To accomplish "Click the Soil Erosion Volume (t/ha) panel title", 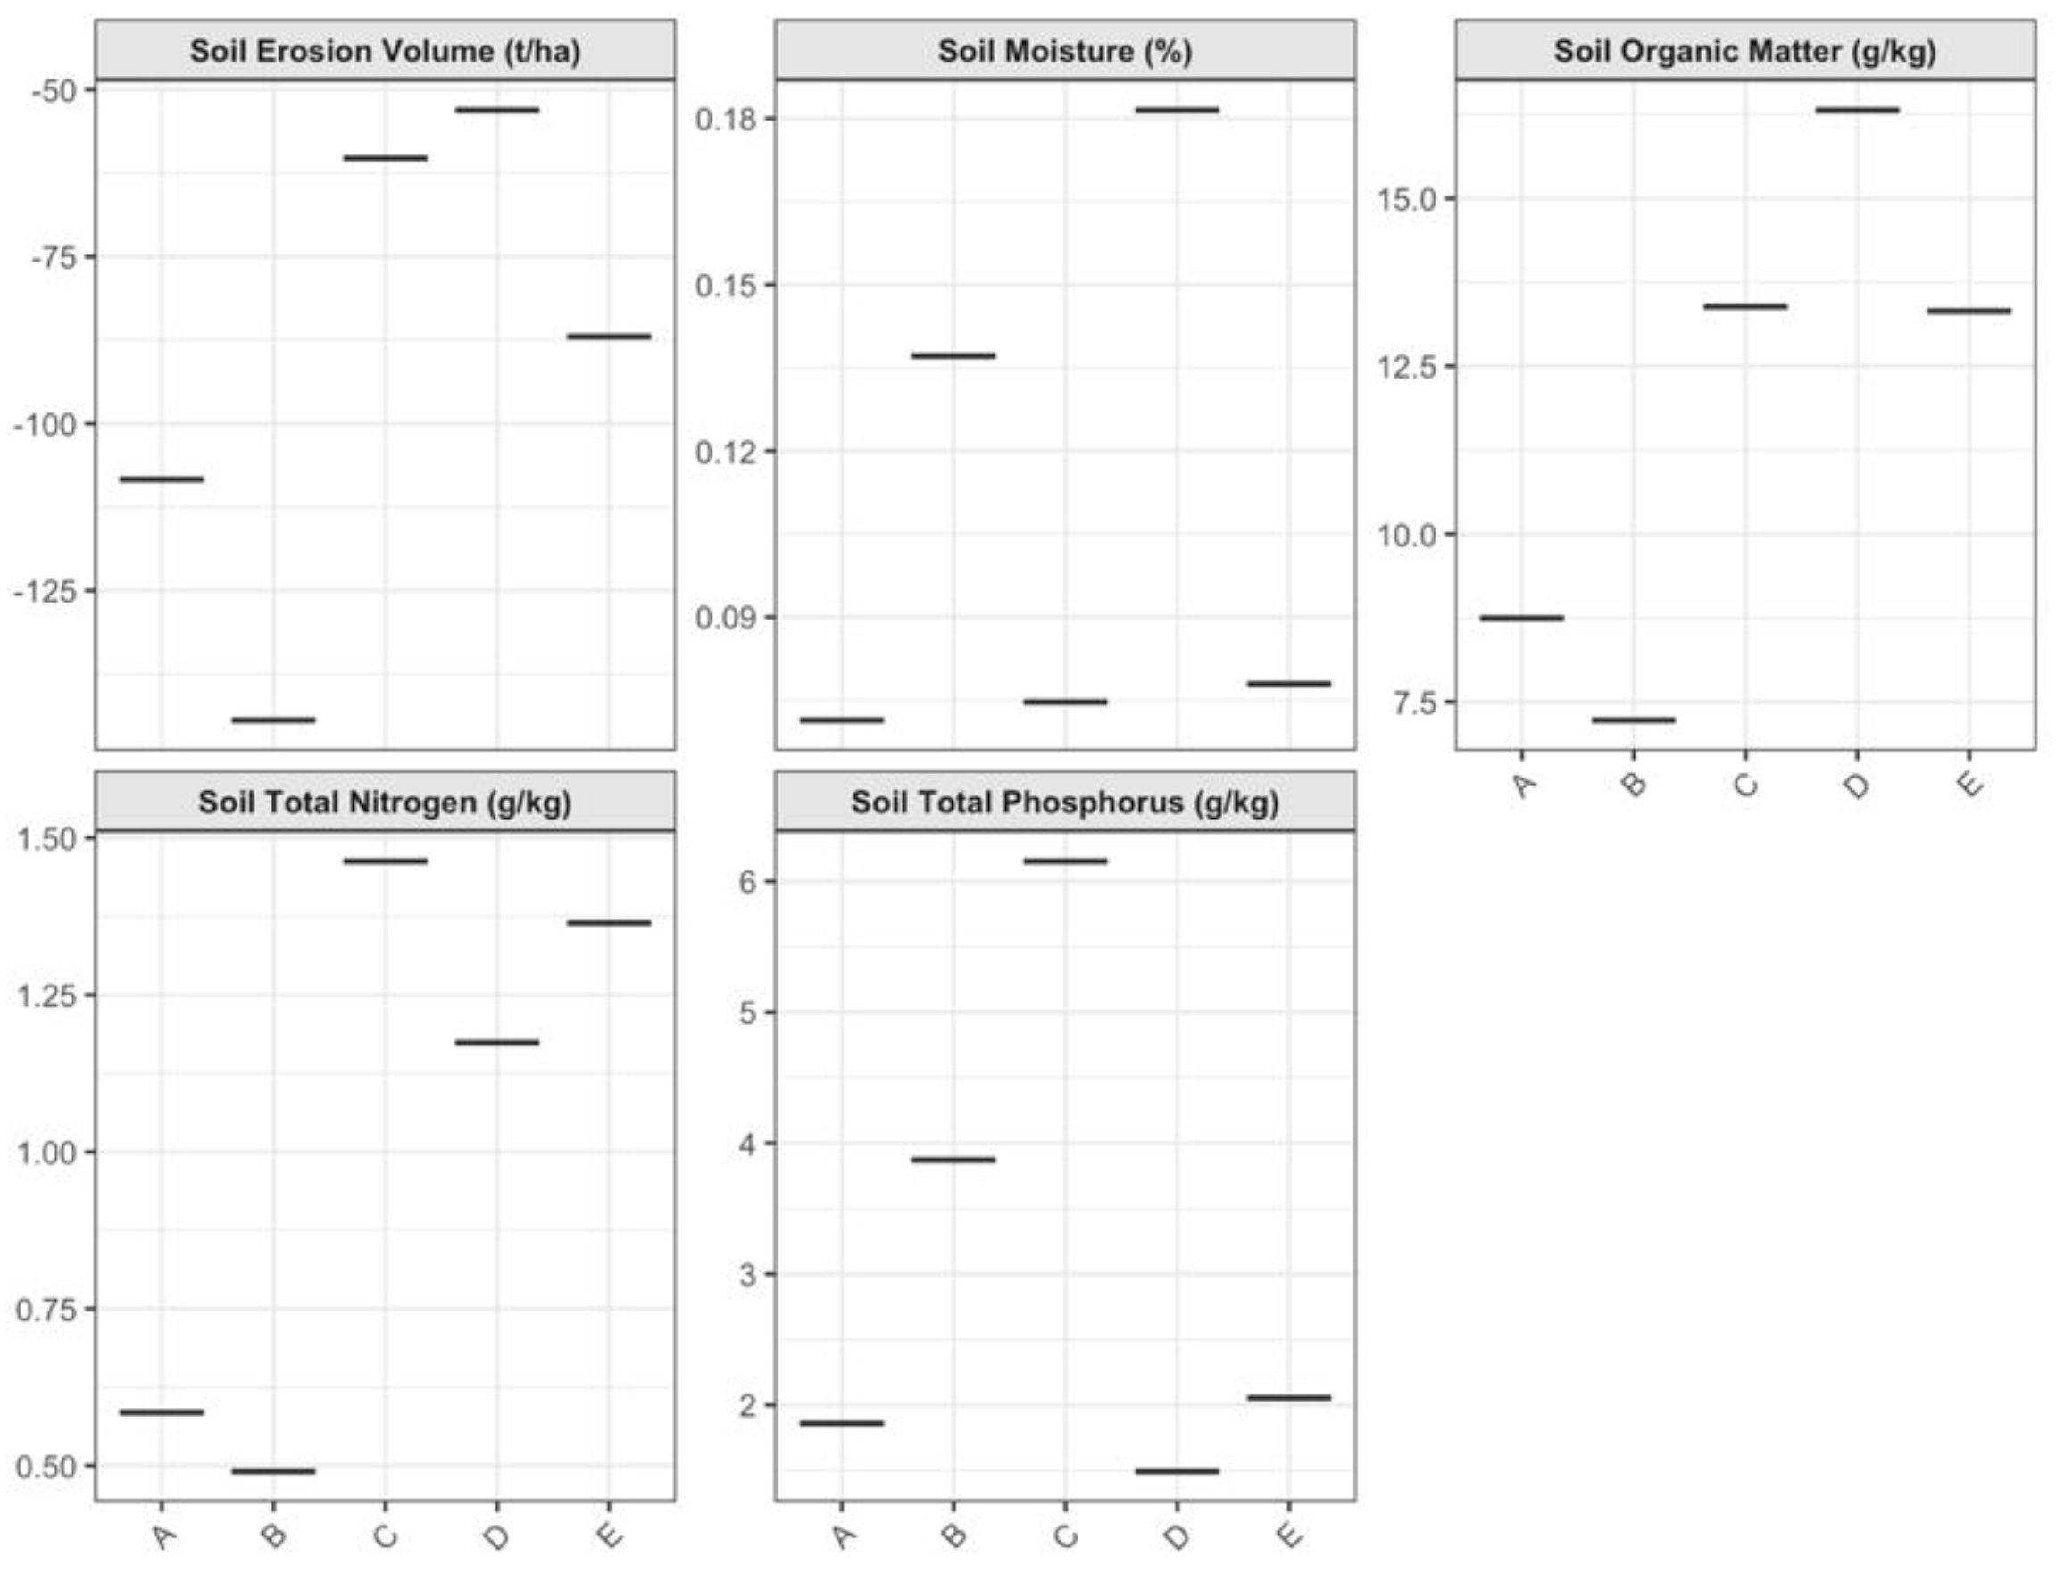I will pyautogui.click(x=385, y=51).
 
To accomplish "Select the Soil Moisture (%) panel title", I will pyautogui.click(x=1064, y=51).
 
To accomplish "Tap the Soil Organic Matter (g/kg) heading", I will pyautogui.click(x=1745, y=51).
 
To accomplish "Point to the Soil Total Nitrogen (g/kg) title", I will pyautogui.click(x=385, y=803).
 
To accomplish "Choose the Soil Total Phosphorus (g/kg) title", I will pyautogui.click(x=1064, y=803).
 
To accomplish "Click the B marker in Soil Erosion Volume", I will pyautogui.click(x=273, y=720).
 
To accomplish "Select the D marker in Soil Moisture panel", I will pyautogui.click(x=1177, y=110).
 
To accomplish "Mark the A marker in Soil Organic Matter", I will pyautogui.click(x=1521, y=618).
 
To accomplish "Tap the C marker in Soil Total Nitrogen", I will pyautogui.click(x=385, y=861).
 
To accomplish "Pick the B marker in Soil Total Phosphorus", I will pyautogui.click(x=953, y=1160).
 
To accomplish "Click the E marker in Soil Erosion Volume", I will pyautogui.click(x=609, y=337).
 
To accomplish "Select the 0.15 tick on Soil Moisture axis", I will pyautogui.click(x=726, y=286).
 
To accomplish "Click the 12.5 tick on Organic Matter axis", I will pyautogui.click(x=1407, y=366).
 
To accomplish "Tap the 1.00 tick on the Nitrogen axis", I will pyautogui.click(x=46, y=1153).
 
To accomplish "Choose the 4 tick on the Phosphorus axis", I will pyautogui.click(x=747, y=1144).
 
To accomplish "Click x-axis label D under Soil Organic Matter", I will pyautogui.click(x=1857, y=785).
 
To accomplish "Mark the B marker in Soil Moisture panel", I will pyautogui.click(x=953, y=356).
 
